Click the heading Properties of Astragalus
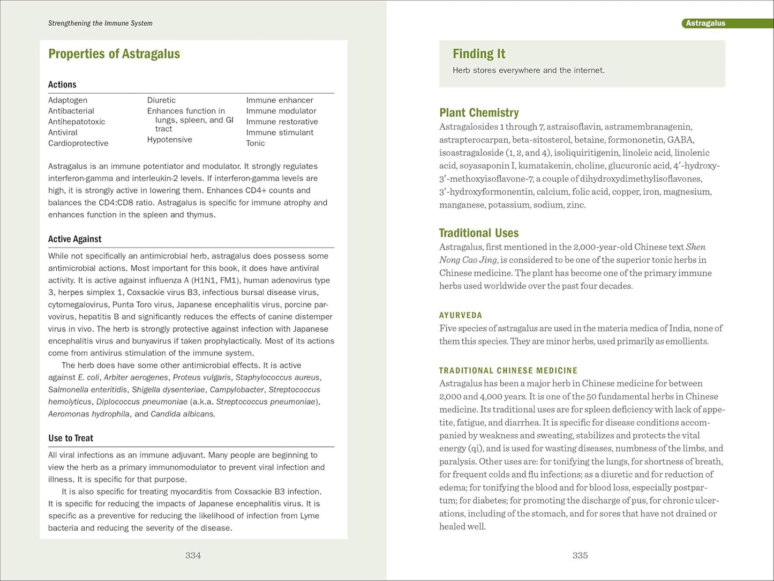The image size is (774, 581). coord(114,54)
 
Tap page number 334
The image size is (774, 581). coord(193,556)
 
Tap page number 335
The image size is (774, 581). coord(580,556)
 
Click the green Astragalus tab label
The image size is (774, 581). coord(705,24)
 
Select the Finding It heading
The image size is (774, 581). coord(479,54)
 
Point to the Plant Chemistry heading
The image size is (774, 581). coord(479,113)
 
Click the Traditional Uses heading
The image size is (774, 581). coord(479,233)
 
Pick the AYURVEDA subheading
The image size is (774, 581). coord(461,316)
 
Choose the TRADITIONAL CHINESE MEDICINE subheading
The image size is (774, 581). coord(508,371)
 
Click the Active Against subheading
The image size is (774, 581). coord(74,240)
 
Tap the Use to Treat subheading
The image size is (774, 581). coord(71,438)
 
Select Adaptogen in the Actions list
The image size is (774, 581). coord(67,100)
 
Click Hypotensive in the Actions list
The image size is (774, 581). coord(169,140)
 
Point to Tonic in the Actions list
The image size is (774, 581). coord(256,144)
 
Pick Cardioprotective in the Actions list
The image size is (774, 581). coord(78,144)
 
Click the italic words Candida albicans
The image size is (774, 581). coord(182,414)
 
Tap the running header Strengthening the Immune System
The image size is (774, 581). coord(100,24)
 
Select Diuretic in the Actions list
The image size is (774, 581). coord(161,100)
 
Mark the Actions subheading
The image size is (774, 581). coord(62,85)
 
